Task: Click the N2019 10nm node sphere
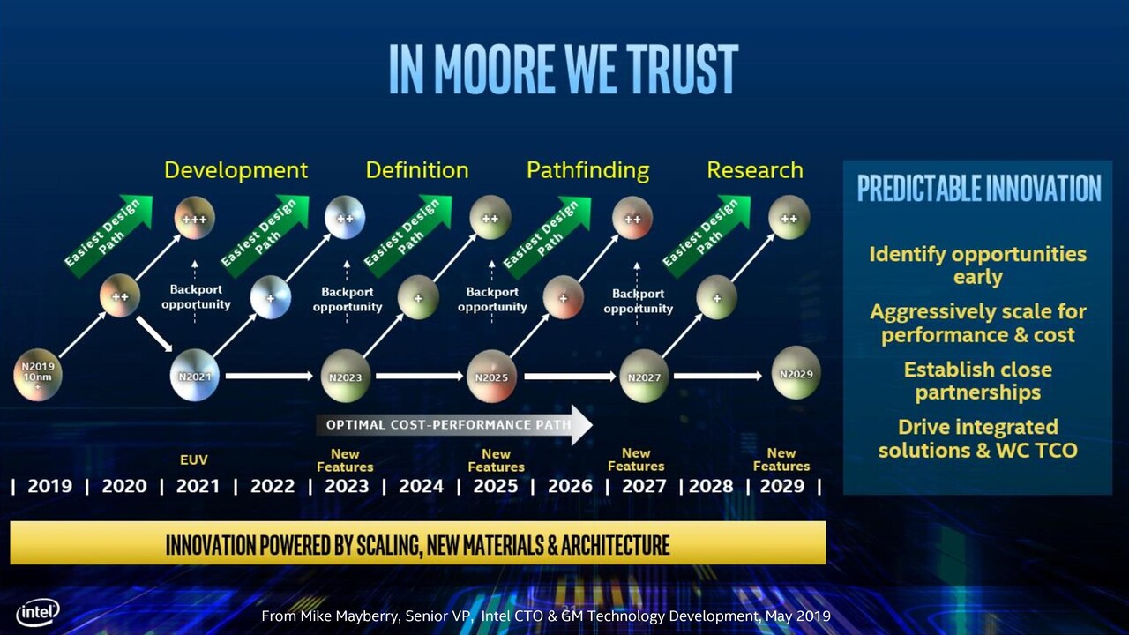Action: click(38, 375)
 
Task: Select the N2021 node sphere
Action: click(195, 375)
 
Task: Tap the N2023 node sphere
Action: click(345, 376)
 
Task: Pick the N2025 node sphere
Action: click(491, 376)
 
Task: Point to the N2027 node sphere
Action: click(644, 376)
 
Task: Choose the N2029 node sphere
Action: click(796, 373)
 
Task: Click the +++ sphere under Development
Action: click(195, 218)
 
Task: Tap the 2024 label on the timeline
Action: click(422, 486)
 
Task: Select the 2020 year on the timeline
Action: click(124, 486)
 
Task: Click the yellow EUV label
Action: click(193, 459)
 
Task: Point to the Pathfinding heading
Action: click(587, 171)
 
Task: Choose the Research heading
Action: click(755, 170)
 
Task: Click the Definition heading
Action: click(417, 170)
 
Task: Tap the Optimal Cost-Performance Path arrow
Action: click(454, 425)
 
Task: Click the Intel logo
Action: click(38, 612)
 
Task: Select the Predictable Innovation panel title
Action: click(979, 188)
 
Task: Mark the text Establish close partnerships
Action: click(978, 381)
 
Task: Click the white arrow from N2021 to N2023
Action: click(269, 376)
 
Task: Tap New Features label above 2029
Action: click(781, 459)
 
